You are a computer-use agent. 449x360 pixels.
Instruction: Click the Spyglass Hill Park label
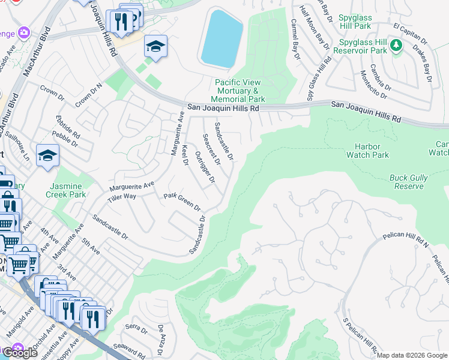point(363,22)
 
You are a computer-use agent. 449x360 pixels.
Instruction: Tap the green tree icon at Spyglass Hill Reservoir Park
point(396,46)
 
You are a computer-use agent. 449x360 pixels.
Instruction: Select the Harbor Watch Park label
point(367,151)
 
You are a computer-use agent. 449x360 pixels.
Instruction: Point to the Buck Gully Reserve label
point(409,182)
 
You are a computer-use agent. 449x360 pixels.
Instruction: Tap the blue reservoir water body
point(221,38)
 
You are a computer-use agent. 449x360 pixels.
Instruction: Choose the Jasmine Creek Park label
point(66,191)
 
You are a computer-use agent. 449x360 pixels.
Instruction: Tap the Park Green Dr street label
point(182,202)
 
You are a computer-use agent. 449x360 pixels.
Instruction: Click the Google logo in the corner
point(20,353)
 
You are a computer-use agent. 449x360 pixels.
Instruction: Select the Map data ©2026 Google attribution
point(412,355)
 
